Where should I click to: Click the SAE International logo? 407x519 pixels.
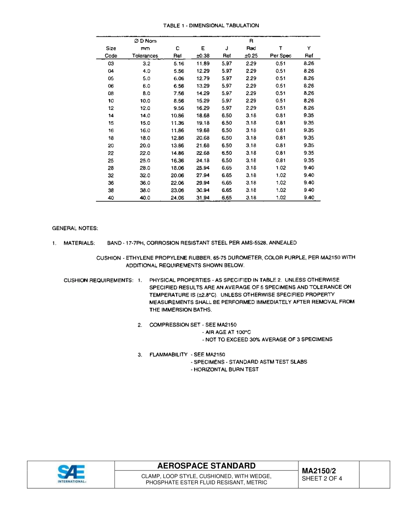(x=71, y=474)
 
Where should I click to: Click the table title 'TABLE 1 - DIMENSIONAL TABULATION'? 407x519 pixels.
(x=211, y=26)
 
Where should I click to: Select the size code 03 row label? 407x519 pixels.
(x=111, y=63)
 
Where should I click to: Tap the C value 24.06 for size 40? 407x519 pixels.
(x=177, y=198)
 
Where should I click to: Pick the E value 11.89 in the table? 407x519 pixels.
(x=203, y=63)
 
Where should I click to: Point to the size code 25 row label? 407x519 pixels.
(x=111, y=160)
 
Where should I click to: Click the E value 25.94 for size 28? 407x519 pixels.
(x=203, y=168)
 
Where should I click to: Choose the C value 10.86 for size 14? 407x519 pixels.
(x=177, y=116)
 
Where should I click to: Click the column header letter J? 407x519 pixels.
(x=227, y=48)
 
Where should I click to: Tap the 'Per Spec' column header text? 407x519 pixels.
(x=281, y=56)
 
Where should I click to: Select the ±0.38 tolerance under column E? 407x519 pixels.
(x=203, y=56)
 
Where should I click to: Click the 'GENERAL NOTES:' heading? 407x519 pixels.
(x=75, y=228)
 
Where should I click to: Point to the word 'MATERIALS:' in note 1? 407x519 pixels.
(x=79, y=243)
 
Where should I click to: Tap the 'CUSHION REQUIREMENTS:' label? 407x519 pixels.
(x=99, y=280)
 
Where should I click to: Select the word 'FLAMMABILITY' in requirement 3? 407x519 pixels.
(x=168, y=354)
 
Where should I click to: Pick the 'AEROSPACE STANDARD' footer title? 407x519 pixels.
(x=206, y=466)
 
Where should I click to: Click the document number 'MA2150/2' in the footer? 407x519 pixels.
(x=319, y=471)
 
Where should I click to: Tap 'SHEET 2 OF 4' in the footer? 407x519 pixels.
(x=322, y=479)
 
